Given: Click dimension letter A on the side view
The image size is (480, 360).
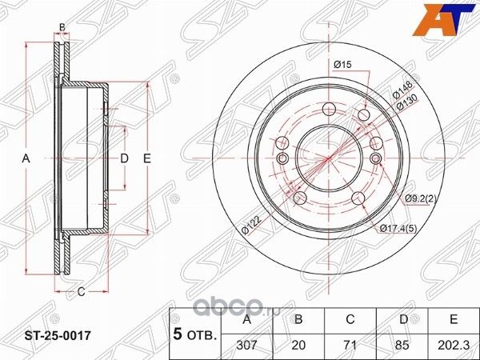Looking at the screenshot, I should tap(26, 159).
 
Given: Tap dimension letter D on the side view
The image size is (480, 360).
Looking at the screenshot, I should tap(124, 159).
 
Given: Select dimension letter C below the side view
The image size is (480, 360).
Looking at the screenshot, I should tap(81, 291).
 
